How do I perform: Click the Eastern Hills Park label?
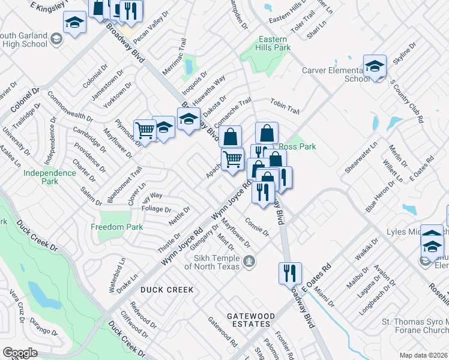pyautogui.click(x=273, y=43)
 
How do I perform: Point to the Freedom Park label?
pyautogui.click(x=117, y=227)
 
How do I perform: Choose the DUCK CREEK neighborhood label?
pyautogui.click(x=167, y=290)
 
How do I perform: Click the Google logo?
pyautogui.click(x=20, y=352)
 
